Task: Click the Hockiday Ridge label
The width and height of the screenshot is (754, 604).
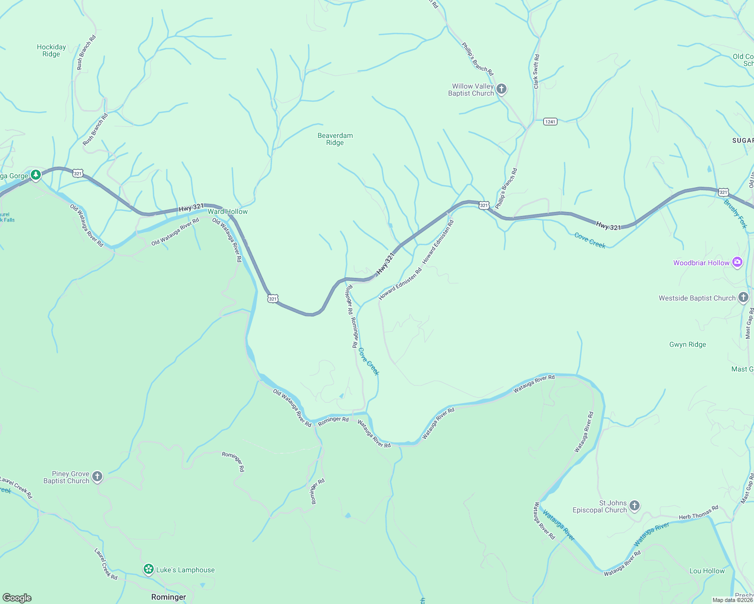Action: click(51, 50)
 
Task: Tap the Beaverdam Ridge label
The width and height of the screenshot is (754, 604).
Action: click(335, 139)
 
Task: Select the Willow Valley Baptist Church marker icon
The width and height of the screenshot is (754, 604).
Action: click(501, 90)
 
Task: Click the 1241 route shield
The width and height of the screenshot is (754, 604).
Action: click(550, 122)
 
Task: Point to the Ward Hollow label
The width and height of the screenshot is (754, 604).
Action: click(228, 211)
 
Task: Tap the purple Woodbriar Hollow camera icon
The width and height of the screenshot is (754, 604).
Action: click(737, 262)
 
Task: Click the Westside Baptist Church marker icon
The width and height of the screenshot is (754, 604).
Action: click(743, 297)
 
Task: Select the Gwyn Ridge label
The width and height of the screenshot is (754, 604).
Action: click(687, 344)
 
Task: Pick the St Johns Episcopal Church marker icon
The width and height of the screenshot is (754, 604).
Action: click(634, 505)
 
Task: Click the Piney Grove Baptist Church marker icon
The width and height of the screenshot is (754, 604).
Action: click(97, 476)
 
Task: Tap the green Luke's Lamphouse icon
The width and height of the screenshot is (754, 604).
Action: click(148, 569)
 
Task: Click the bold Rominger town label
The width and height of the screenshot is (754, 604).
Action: click(168, 597)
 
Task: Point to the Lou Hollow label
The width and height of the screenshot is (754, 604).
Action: click(707, 571)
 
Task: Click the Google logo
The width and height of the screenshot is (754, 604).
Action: click(17, 597)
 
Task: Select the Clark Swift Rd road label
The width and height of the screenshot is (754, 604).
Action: click(536, 71)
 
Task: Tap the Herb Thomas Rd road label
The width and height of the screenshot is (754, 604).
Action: click(698, 513)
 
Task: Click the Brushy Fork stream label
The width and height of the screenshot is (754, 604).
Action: click(735, 214)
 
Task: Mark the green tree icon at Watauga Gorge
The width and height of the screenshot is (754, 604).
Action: click(35, 175)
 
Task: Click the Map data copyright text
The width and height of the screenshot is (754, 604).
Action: click(732, 600)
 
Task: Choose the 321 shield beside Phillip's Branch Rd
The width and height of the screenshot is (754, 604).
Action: click(484, 205)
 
